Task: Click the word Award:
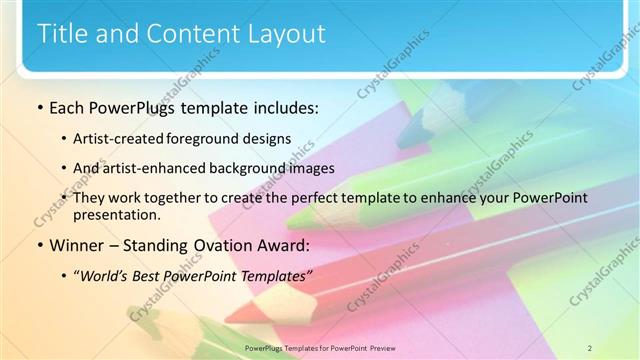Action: (282, 245)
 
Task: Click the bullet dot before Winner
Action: (39, 246)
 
